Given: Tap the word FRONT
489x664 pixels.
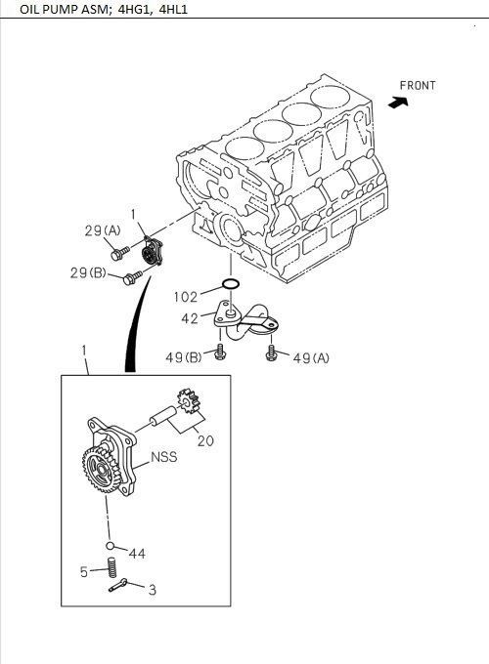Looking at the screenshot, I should point(418,86).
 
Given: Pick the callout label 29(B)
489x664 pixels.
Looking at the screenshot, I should point(88,273).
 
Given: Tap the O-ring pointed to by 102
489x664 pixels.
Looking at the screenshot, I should point(231,284).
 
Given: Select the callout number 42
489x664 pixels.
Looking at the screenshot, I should point(190,318).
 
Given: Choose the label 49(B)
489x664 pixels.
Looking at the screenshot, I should point(183,358).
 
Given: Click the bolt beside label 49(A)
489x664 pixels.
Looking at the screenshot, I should point(271,353).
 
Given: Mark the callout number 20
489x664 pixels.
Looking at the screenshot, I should point(205,440).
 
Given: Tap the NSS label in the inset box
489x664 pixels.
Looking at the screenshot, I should point(164,457).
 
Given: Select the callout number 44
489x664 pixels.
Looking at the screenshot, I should point(137,554).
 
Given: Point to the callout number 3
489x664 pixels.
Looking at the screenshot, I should point(152,590).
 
